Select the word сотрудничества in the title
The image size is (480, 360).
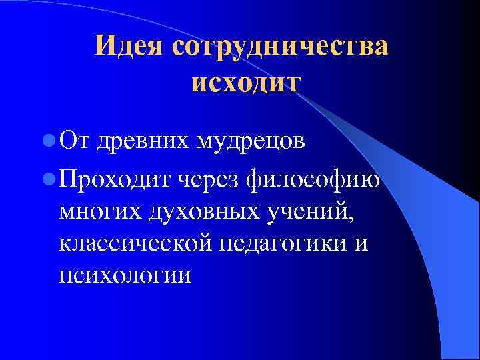(280, 46)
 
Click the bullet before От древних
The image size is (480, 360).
(47, 141)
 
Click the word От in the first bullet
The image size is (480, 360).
(75, 141)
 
